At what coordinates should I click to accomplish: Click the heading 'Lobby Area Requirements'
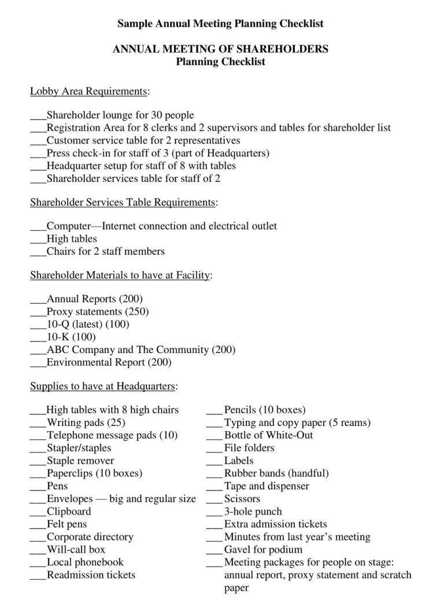click(x=89, y=91)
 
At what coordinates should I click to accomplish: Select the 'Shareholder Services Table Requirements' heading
click(x=123, y=202)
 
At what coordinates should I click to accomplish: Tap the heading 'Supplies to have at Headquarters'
click(x=103, y=385)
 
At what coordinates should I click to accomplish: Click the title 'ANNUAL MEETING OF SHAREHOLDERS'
click(x=220, y=49)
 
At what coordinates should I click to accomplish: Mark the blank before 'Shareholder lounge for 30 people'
click(x=38, y=116)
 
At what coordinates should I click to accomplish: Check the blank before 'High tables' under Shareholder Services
click(x=38, y=239)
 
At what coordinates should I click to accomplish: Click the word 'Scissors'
click(x=242, y=499)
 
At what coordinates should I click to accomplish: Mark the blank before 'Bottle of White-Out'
click(x=214, y=435)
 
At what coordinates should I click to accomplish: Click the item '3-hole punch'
click(x=253, y=512)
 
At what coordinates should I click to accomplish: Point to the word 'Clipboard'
click(x=69, y=512)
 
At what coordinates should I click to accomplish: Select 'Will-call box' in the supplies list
click(x=76, y=549)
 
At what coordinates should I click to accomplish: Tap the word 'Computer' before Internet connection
click(x=69, y=226)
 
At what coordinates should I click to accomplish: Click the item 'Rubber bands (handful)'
click(x=276, y=473)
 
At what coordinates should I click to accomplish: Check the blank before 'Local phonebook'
click(x=38, y=562)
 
